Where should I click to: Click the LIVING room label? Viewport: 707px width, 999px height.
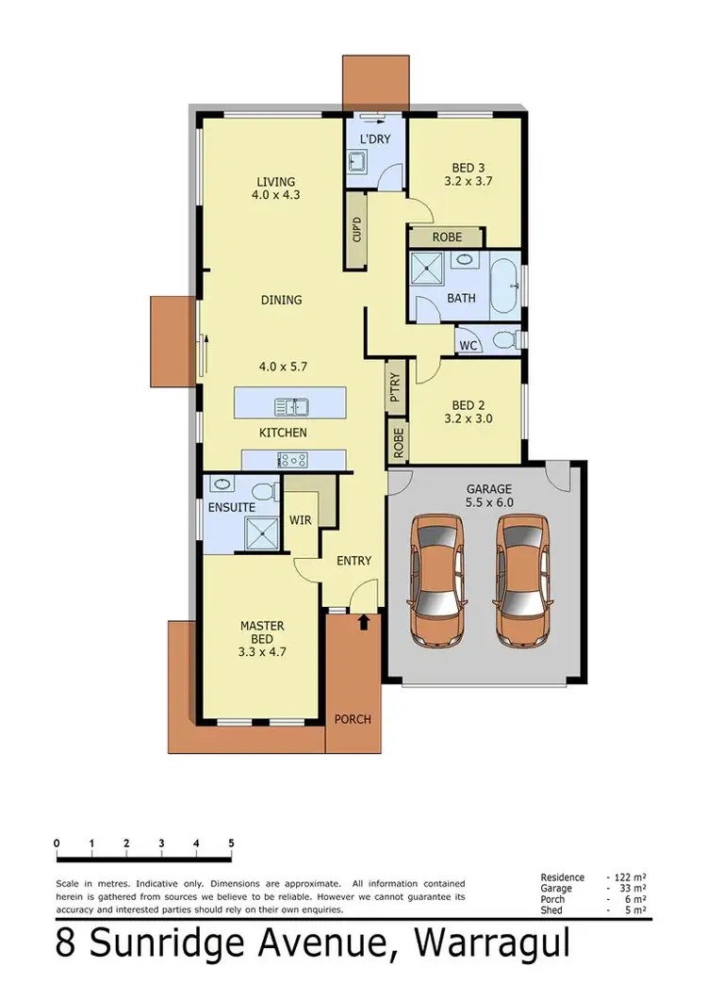point(273,182)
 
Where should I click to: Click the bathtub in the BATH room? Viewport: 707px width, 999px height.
point(504,287)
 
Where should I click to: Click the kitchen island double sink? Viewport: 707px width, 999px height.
point(291,407)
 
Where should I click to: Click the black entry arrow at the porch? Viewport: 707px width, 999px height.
point(364,622)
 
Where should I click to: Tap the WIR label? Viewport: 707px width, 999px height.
point(301,520)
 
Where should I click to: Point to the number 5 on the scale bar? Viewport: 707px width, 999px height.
point(231,843)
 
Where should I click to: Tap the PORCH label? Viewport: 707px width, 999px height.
point(353,719)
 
